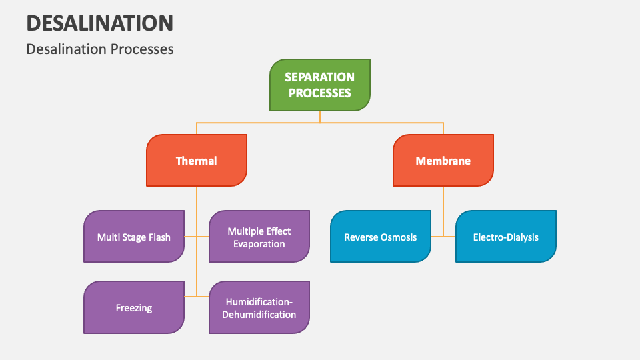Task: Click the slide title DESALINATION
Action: (x=100, y=23)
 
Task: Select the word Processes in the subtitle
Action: (x=142, y=49)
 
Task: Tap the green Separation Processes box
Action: (x=320, y=85)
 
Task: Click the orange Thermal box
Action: (x=197, y=161)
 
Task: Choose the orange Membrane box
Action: (x=443, y=161)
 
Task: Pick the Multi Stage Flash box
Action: (x=134, y=237)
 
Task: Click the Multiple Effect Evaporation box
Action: (x=259, y=237)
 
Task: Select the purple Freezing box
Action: (x=134, y=307)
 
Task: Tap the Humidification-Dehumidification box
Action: (x=259, y=308)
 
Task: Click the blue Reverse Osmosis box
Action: (x=381, y=237)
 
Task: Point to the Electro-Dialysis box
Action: (x=506, y=237)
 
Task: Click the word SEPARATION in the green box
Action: (x=320, y=77)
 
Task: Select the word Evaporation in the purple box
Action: (x=259, y=244)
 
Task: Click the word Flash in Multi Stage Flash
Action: (x=158, y=237)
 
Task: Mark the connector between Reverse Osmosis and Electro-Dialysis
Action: (x=443, y=237)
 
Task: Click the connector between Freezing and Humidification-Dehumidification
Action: (x=197, y=296)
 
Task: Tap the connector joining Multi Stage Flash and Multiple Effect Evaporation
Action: (x=197, y=237)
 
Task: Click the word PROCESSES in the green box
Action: (x=320, y=93)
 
